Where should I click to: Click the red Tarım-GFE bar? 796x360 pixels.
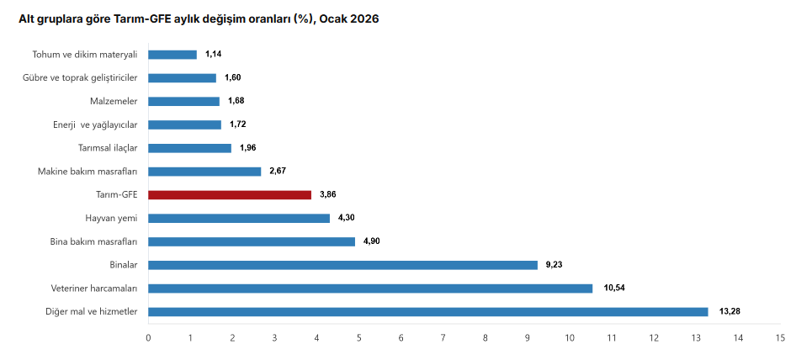tap(231, 194)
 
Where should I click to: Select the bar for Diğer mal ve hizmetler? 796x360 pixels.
tap(428, 312)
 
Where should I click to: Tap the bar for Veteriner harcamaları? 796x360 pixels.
tap(370, 289)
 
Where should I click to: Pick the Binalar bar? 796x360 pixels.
tap(342, 265)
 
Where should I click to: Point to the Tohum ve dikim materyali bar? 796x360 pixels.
tap(172, 55)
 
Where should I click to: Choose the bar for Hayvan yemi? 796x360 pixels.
tap(239, 218)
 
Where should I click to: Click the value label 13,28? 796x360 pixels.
tap(730, 312)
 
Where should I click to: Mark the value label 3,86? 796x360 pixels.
tap(328, 194)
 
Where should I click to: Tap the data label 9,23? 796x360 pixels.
tap(554, 265)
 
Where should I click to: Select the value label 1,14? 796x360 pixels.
tap(214, 55)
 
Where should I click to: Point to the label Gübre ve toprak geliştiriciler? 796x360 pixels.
tap(80, 78)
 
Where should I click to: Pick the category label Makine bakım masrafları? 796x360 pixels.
tap(88, 172)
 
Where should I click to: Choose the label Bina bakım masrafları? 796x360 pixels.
tap(94, 241)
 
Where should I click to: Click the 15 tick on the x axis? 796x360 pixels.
tap(780, 338)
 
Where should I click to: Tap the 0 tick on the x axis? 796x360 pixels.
tap(149, 338)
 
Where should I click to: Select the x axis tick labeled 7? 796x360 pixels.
tap(443, 338)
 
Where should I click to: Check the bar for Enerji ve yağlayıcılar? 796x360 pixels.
tap(185, 124)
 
